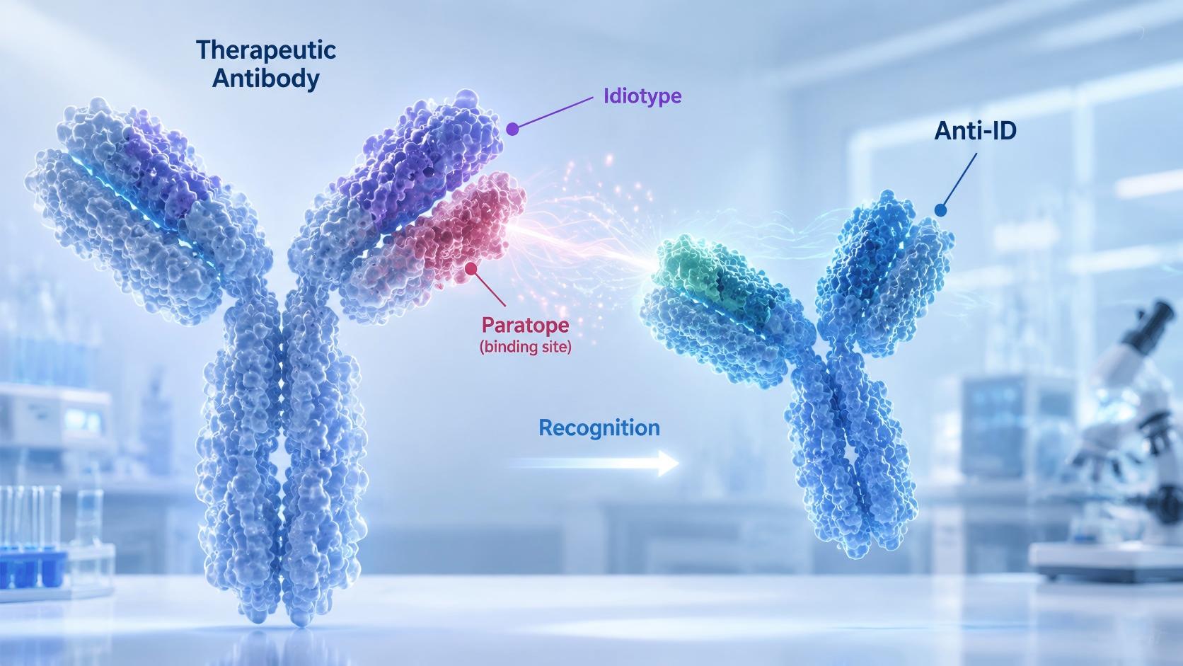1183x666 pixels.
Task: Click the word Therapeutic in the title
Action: point(266,51)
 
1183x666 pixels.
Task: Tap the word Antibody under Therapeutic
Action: point(265,79)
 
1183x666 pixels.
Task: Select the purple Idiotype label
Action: point(642,96)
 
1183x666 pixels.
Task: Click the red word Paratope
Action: point(526,326)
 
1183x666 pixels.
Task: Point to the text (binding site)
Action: point(526,348)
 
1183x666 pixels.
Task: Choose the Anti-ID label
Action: point(975,130)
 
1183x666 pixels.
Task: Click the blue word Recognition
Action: point(599,427)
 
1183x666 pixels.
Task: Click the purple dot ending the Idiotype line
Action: point(512,129)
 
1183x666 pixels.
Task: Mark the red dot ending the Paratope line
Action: point(471,269)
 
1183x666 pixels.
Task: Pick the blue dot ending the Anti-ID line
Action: point(940,210)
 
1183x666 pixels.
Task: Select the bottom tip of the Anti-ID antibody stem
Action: point(858,555)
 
